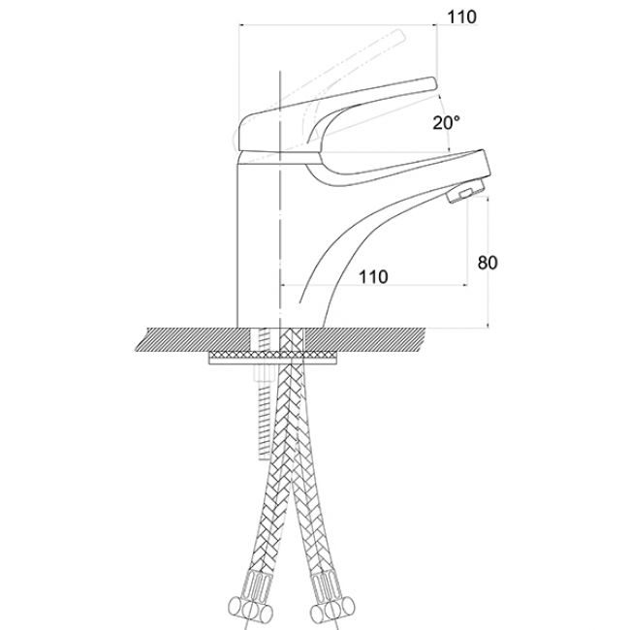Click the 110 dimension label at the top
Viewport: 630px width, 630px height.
pos(462,16)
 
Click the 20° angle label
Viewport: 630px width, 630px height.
pos(446,122)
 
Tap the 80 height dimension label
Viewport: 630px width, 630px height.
pos(488,263)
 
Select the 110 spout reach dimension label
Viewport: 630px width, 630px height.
pos(373,277)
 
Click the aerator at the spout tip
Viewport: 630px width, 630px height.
pos(465,192)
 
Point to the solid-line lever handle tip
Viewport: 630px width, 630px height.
pos(433,83)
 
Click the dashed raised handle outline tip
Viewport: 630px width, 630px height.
pos(400,35)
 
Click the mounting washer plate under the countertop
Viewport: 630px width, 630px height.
pos(272,358)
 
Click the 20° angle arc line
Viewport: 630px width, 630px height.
pos(446,123)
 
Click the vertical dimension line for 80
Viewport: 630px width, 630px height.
pos(488,263)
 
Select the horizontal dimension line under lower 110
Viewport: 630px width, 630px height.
pos(374,286)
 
